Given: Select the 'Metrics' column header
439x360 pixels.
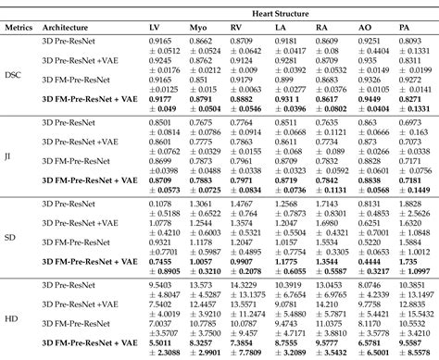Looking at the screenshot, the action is (x=19, y=27).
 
